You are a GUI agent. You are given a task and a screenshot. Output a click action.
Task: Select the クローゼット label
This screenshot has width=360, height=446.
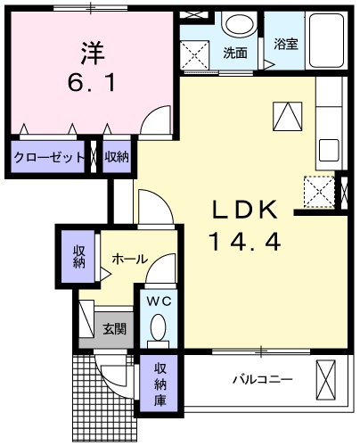pos(49,157)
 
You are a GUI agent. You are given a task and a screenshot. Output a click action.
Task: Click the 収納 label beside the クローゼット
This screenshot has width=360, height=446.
pos(116,157)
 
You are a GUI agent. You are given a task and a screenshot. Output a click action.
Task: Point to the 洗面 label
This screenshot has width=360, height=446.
pos(235,53)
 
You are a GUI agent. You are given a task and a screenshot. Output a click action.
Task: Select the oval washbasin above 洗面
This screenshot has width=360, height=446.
pos(237,25)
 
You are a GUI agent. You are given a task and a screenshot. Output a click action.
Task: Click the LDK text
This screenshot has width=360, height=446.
pos(245,211)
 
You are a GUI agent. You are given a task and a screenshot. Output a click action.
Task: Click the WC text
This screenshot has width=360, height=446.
pos(159,301)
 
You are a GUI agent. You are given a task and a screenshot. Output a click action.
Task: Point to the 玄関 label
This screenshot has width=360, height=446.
pos(113,328)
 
